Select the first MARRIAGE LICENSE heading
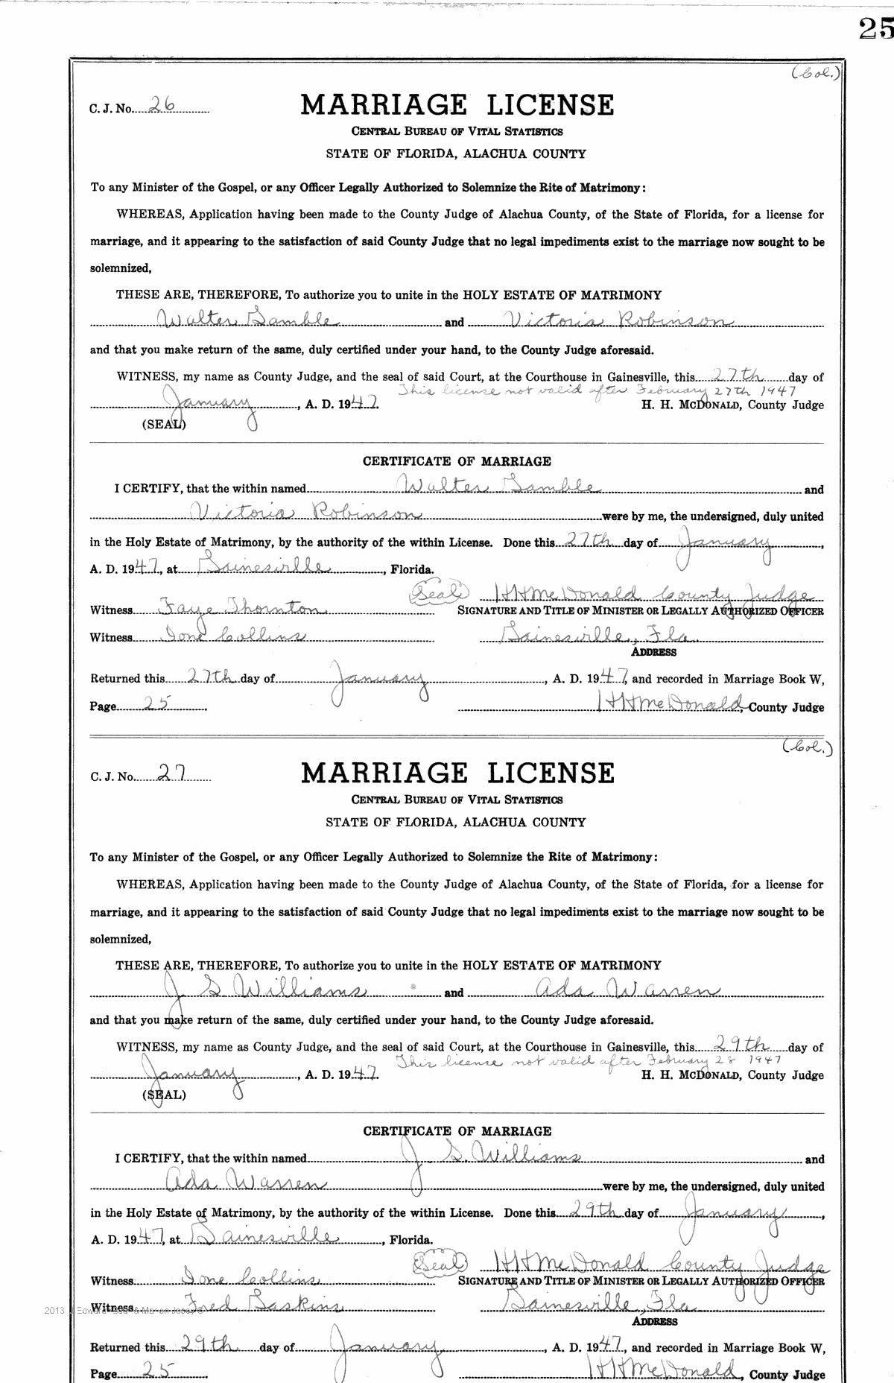[x=457, y=105]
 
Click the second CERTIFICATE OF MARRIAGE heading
[x=457, y=1130]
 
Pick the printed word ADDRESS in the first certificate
[x=653, y=652]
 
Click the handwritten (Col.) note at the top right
[x=817, y=74]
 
